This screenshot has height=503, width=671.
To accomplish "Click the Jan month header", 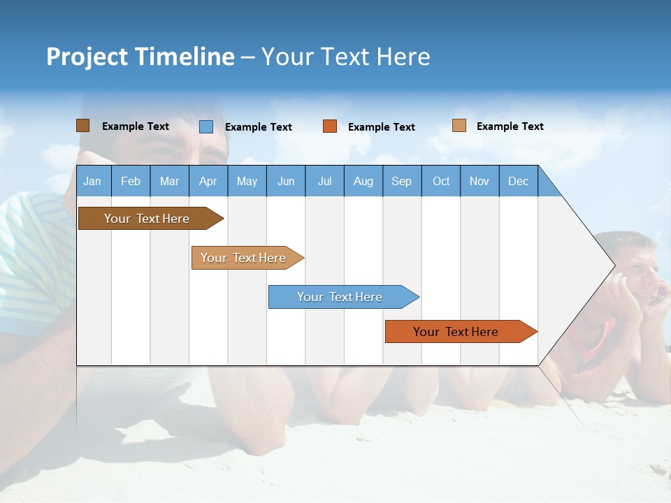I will tap(92, 181).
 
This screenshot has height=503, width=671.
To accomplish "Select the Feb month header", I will tap(131, 181).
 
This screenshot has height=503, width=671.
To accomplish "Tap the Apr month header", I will tap(208, 181).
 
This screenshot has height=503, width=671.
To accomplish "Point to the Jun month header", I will tap(286, 181).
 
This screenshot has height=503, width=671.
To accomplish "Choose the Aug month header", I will tap(363, 181).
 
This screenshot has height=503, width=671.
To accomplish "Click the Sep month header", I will tap(401, 181).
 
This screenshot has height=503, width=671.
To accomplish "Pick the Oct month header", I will tap(441, 181).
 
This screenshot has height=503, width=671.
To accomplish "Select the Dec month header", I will tap(518, 181).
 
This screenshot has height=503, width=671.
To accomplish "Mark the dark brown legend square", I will tap(82, 126).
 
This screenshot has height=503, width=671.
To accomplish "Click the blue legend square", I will tap(206, 126).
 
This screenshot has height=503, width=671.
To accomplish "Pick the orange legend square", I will tap(330, 126).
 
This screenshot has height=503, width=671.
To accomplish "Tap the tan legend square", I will tap(459, 126).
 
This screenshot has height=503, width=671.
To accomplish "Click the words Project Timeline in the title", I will tap(140, 57).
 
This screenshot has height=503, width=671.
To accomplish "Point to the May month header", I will tap(247, 181).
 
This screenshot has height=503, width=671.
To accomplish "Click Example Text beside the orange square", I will tap(382, 127).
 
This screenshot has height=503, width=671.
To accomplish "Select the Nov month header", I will tap(479, 181).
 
